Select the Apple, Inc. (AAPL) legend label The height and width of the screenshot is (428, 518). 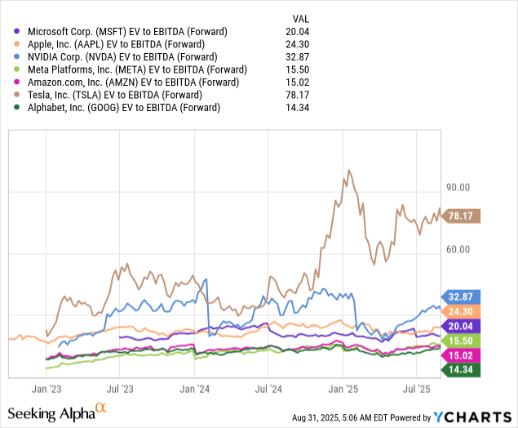tap(106, 44)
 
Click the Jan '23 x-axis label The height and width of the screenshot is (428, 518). tap(46, 390)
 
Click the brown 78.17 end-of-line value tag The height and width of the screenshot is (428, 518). tap(463, 216)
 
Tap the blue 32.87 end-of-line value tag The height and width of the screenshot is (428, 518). tap(463, 297)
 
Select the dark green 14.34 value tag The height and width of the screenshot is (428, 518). tap(463, 369)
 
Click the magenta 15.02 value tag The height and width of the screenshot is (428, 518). tap(463, 354)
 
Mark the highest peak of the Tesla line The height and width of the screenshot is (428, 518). tap(349, 171)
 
